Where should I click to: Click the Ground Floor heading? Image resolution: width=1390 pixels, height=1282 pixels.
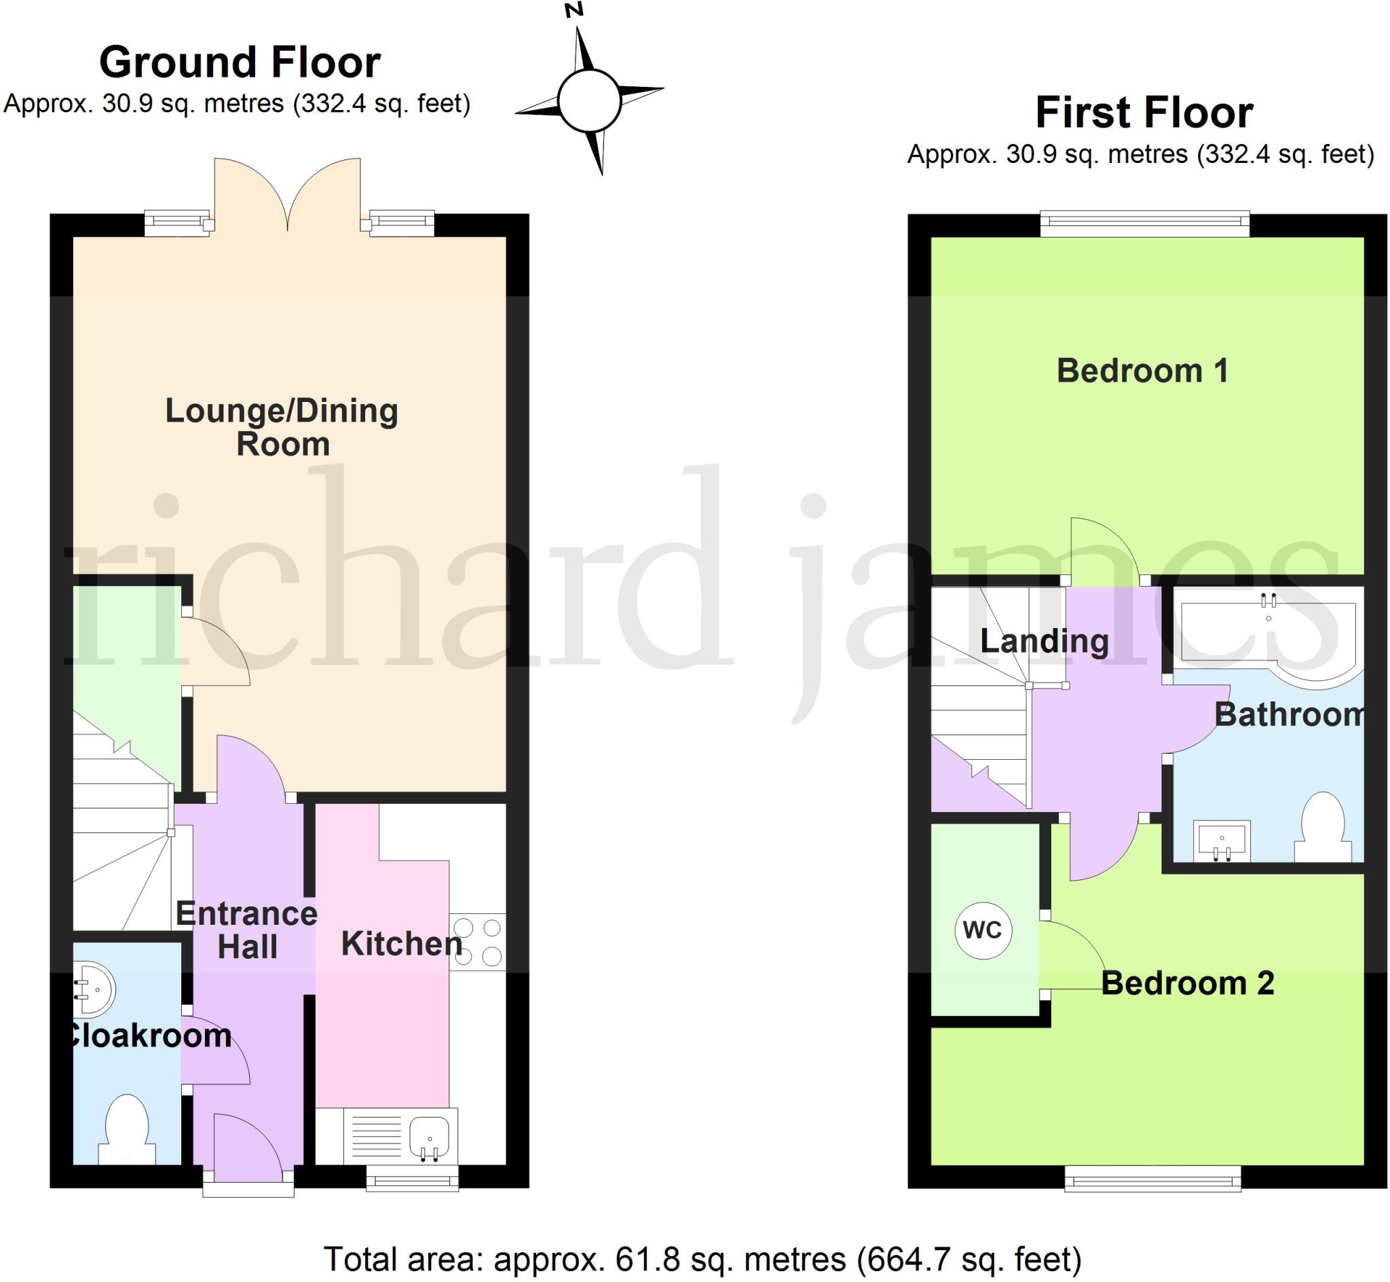click(x=240, y=62)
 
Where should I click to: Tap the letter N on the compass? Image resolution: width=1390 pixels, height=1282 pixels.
click(x=574, y=10)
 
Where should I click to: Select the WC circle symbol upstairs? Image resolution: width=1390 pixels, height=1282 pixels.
click(x=982, y=930)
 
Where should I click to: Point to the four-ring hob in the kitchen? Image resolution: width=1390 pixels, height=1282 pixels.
click(x=478, y=942)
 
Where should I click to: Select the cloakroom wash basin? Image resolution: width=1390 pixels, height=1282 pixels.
click(x=94, y=990)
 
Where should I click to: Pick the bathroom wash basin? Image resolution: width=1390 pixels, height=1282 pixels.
click(x=1222, y=840)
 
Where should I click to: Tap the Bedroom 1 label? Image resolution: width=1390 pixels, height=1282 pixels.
click(x=1142, y=371)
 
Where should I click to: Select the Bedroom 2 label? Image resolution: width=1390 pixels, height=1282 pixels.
click(x=1188, y=984)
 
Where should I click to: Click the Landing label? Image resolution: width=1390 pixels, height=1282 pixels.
click(x=1044, y=640)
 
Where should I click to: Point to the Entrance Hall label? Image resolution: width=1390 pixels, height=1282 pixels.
click(x=247, y=930)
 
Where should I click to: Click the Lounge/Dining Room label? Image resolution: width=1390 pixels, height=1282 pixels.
click(x=282, y=426)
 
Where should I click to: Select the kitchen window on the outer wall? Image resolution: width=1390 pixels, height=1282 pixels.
click(x=413, y=1179)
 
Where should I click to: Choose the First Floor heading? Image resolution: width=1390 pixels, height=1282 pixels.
click(x=1144, y=113)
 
